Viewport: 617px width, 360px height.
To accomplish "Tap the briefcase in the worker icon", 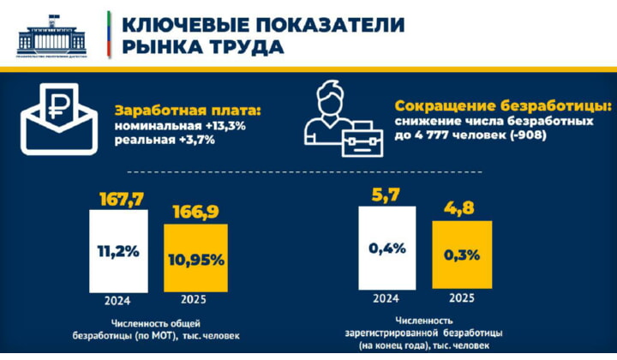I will click(362, 137).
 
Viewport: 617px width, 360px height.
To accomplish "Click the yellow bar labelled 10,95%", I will click(196, 257).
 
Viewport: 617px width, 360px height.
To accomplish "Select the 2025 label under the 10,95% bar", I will click(196, 301).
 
